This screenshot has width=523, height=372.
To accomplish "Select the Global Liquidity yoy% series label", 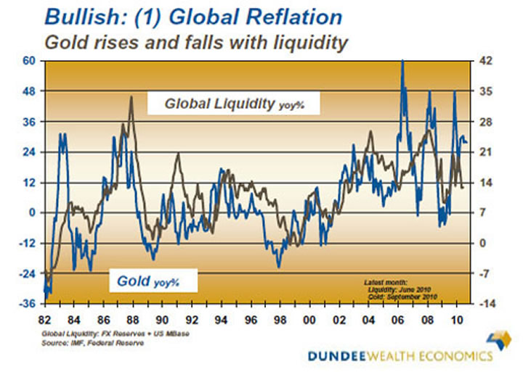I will (x=232, y=104).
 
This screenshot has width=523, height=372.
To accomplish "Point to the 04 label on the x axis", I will (x=369, y=318).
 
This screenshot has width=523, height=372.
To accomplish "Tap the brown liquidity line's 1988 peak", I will (x=131, y=96).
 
